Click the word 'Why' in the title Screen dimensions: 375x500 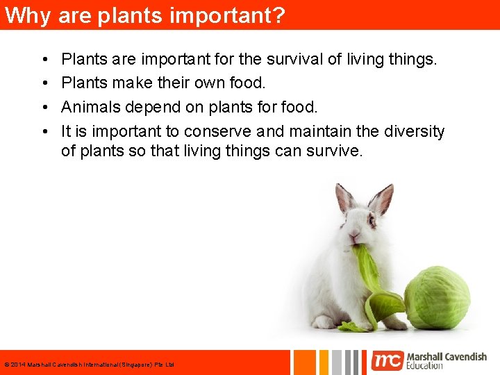tap(27, 15)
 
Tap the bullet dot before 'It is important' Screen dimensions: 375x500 tap(44, 131)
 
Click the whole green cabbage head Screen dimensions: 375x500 tap(437, 298)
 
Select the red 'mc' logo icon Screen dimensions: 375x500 tap(387, 360)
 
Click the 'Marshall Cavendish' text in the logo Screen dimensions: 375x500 tap(447, 356)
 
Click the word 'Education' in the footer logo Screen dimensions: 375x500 tap(425, 366)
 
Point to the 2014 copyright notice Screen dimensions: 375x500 tap(89, 365)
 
